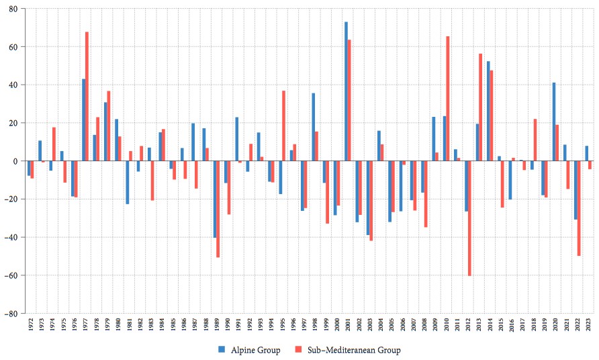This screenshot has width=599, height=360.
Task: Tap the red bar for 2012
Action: point(469,218)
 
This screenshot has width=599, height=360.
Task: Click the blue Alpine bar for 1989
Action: point(215,199)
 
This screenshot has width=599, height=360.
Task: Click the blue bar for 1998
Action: point(313,127)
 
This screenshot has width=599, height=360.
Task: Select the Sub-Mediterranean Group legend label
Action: point(354,349)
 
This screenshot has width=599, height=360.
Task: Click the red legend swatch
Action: point(297,349)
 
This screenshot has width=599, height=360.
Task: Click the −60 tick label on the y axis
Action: point(12,275)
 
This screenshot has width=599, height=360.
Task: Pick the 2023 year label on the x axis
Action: point(589,325)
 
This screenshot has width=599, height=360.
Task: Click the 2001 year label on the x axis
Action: point(348,325)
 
